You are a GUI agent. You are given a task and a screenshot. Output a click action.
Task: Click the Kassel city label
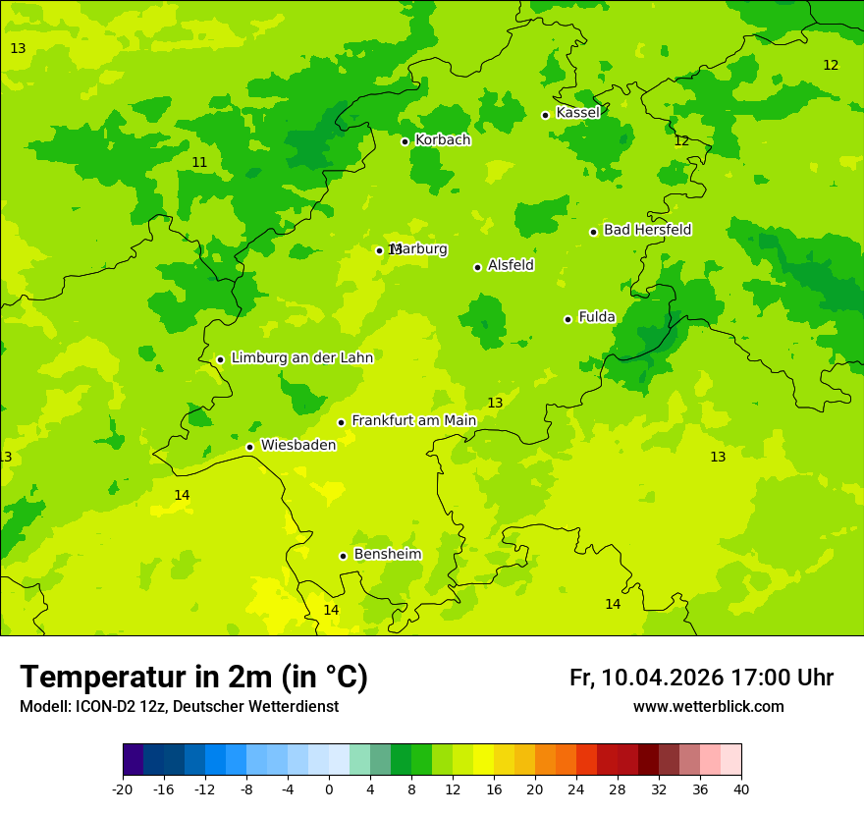pos(577,113)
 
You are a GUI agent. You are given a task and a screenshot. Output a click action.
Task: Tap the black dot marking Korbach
pos(405,141)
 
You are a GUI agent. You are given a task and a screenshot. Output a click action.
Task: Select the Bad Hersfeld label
pos(647,230)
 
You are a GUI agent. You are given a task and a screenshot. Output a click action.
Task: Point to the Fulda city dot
pos(567,319)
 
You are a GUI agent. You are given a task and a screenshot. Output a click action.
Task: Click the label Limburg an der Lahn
pos(301,358)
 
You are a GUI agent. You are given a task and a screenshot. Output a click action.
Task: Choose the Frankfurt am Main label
pos(413,421)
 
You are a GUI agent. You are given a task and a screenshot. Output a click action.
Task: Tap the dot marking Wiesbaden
pos(249,447)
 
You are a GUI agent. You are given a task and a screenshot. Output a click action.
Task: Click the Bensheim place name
pos(387,555)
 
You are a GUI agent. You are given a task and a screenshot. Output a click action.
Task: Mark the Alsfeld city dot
pos(477,267)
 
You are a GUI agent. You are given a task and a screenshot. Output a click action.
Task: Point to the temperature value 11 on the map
pos(199,163)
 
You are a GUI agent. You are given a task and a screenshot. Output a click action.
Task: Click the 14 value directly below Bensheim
pos(331,611)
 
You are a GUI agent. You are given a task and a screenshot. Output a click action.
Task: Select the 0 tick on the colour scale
pos(329,789)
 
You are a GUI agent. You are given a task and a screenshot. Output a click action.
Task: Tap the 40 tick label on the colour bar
pos(740,789)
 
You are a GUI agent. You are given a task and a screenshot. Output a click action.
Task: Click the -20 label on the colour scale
pos(123,789)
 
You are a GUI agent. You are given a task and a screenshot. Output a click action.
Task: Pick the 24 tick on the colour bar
pos(576,789)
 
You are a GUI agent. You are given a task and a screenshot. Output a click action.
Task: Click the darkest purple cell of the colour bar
pos(133,760)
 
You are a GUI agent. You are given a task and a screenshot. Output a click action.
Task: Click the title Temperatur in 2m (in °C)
pos(193,677)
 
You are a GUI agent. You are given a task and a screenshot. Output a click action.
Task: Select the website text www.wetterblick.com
pos(708,707)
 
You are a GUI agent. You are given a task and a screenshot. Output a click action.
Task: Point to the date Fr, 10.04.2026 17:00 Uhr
pos(701,678)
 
